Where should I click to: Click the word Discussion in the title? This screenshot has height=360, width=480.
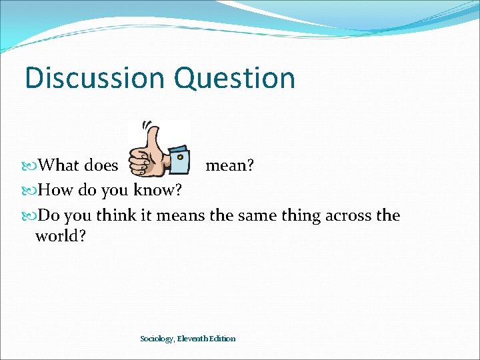[x=95, y=77]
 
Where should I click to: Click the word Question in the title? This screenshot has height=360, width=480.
[x=235, y=78]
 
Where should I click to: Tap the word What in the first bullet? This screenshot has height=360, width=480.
[x=58, y=165]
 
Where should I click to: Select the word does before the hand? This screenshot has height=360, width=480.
[x=101, y=165]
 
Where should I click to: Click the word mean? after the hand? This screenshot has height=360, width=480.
[x=229, y=165]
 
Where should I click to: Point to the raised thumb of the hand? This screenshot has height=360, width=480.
[x=152, y=139]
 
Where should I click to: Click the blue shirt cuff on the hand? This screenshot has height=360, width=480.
[x=179, y=160]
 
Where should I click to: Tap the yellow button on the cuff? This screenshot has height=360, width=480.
[x=180, y=157]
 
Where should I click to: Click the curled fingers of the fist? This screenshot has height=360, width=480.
[x=139, y=163]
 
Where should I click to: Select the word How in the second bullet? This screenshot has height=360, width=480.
[x=55, y=190]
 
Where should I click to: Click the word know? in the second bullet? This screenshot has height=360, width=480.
[x=157, y=190]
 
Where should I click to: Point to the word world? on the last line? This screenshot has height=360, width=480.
[x=61, y=235]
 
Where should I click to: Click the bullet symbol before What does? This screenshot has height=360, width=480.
[x=29, y=166]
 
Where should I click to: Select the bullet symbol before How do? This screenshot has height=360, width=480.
[x=29, y=191]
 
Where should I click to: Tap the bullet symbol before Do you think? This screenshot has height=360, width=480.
[x=29, y=216]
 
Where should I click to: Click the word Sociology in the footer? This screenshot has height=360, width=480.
[x=157, y=339]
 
